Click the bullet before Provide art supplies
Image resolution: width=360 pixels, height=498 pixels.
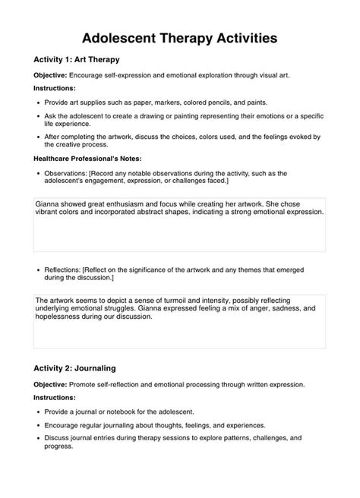(x=39, y=101)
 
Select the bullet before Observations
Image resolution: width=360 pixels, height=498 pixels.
(x=39, y=173)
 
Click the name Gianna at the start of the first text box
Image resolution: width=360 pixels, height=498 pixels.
(x=49, y=203)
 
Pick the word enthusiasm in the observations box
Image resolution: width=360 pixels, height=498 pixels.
(x=135, y=203)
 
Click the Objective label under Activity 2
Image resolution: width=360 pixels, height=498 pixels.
(x=50, y=384)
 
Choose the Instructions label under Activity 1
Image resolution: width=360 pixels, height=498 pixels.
(x=54, y=88)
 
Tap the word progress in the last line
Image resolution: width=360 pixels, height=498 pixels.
(x=60, y=446)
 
